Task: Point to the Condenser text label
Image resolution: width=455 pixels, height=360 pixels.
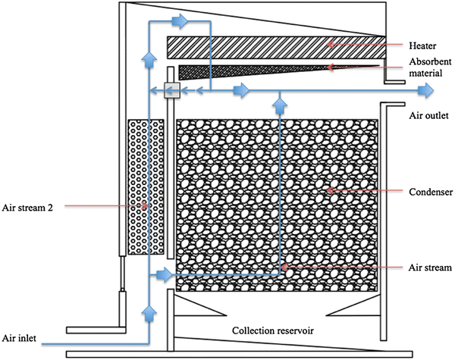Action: (426, 191)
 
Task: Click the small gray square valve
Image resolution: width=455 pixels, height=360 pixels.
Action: (172, 92)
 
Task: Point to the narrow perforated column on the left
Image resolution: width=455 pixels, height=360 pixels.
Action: (146, 186)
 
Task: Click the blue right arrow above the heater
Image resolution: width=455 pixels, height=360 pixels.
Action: (180, 22)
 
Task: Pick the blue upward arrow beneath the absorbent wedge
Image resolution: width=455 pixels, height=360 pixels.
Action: (280, 97)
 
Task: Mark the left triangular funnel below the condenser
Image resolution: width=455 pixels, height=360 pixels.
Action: (198, 306)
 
